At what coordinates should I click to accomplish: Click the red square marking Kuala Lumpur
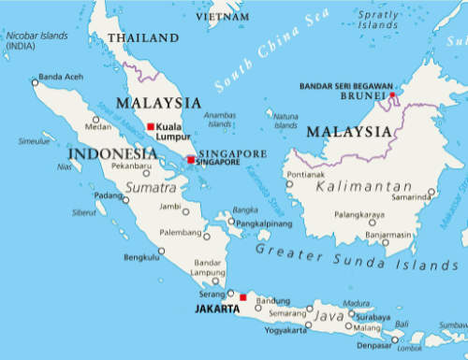click(x=151, y=126)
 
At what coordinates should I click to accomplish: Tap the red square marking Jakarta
click(x=243, y=297)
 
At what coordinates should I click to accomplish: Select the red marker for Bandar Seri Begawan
click(x=393, y=94)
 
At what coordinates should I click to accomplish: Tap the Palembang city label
click(x=180, y=233)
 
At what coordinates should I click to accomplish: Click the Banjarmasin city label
click(x=388, y=234)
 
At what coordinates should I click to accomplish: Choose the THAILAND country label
click(x=143, y=37)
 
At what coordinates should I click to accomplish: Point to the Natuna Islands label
click(x=286, y=121)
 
